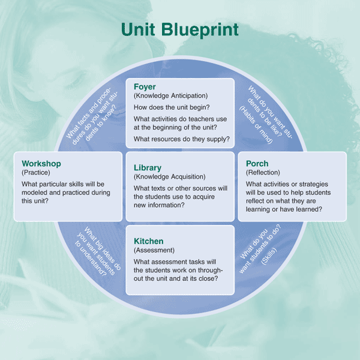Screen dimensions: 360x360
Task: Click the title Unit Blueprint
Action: (x=180, y=30)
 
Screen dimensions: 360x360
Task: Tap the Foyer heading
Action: (x=145, y=87)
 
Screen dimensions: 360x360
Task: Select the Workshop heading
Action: (x=41, y=163)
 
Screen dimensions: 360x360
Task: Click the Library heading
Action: (x=148, y=167)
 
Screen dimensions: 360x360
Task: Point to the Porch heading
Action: (x=257, y=163)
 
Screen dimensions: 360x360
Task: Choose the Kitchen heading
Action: (x=149, y=241)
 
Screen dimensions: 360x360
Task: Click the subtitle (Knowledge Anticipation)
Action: (x=170, y=96)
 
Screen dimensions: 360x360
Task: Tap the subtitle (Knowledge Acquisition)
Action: (x=169, y=177)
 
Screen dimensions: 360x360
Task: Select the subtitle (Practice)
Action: (x=36, y=173)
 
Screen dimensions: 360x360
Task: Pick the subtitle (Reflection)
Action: (x=263, y=173)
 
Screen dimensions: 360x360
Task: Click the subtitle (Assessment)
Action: (x=154, y=250)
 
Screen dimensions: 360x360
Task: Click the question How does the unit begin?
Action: (x=172, y=107)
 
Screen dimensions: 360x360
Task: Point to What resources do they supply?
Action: (x=182, y=139)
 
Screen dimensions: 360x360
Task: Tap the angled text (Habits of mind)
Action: (x=256, y=125)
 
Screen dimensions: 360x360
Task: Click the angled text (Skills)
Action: (x=269, y=256)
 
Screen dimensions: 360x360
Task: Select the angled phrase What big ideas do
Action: (x=103, y=248)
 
